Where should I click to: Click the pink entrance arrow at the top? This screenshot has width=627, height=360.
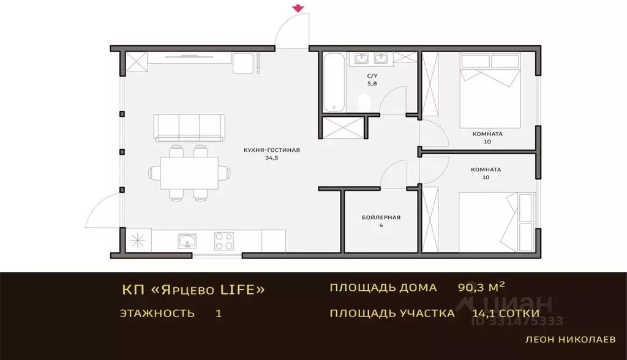pos(298,8)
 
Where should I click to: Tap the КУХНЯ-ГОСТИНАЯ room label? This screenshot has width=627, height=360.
pos(271,150)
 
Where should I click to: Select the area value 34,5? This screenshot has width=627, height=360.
pos(271,158)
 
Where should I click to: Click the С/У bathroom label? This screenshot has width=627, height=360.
pos(372,75)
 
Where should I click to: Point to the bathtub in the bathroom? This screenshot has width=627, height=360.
pos(334,83)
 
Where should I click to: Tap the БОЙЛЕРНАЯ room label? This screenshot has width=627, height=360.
pos(381,217)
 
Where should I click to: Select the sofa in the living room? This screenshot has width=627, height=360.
pos(189,128)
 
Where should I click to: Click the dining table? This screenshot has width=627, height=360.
pos(190,173)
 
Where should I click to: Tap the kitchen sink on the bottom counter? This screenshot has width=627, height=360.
pos(187,241)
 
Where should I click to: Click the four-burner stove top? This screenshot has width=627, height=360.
pos(224,241)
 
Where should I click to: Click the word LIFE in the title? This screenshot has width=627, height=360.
pos(238,289)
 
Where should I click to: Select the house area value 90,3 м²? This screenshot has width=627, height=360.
pos(481,287)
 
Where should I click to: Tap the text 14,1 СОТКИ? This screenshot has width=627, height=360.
pos(506,313)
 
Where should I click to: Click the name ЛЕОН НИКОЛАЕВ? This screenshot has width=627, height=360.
pos(571,340)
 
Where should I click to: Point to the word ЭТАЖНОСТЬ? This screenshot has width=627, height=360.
pos(157,313)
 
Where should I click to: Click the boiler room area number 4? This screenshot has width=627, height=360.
pos(381,225)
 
